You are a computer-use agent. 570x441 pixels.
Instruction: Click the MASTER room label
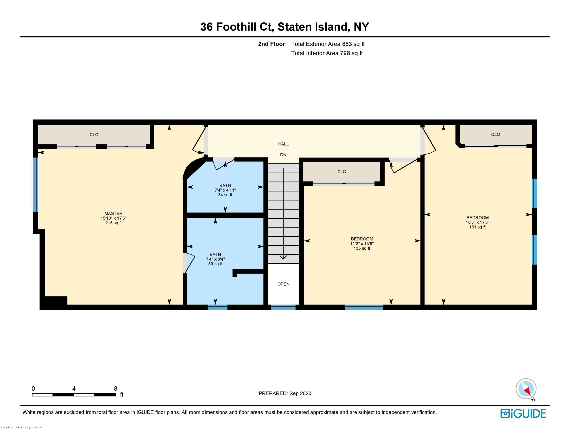(x=113, y=213)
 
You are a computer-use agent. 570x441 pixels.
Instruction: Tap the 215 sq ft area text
(x=113, y=223)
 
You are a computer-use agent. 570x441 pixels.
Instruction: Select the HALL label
(x=283, y=144)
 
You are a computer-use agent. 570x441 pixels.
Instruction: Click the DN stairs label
(x=283, y=155)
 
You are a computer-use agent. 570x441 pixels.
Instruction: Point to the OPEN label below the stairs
(x=283, y=284)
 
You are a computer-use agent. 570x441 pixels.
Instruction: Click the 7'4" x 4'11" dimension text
(x=225, y=190)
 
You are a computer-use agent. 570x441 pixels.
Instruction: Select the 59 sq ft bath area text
(x=215, y=264)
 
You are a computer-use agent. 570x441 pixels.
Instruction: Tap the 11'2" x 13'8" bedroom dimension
(x=362, y=244)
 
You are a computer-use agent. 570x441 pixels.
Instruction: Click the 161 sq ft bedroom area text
(x=477, y=227)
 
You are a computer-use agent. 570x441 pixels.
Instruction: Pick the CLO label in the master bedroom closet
(x=94, y=135)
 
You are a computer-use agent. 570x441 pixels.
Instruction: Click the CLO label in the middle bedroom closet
(x=342, y=172)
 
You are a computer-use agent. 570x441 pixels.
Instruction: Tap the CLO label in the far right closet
(x=495, y=135)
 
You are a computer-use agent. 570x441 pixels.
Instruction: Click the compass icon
(x=526, y=389)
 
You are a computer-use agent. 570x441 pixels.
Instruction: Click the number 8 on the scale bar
(x=116, y=388)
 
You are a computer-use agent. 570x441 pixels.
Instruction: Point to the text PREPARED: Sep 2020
(x=285, y=393)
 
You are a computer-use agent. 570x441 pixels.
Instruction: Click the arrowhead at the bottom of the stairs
(x=283, y=257)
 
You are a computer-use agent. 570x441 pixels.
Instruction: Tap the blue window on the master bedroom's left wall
(x=36, y=184)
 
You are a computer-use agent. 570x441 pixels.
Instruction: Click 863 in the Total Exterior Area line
(x=347, y=44)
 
